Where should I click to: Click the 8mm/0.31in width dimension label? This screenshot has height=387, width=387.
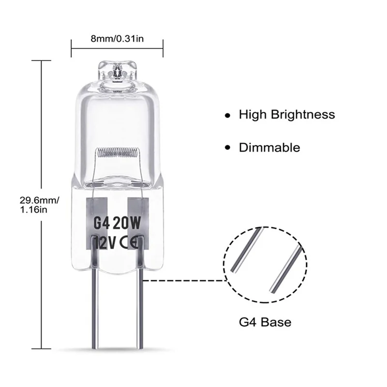pyautogui.click(x=117, y=39)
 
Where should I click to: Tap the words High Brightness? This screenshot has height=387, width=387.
pyautogui.click(x=286, y=115)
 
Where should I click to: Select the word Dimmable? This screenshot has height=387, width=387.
pyautogui.click(x=269, y=148)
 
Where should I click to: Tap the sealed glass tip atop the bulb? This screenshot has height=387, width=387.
pyautogui.click(x=117, y=70)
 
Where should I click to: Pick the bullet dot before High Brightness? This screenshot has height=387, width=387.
pyautogui.click(x=226, y=116)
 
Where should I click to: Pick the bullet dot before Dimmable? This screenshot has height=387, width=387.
pyautogui.click(x=226, y=149)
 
